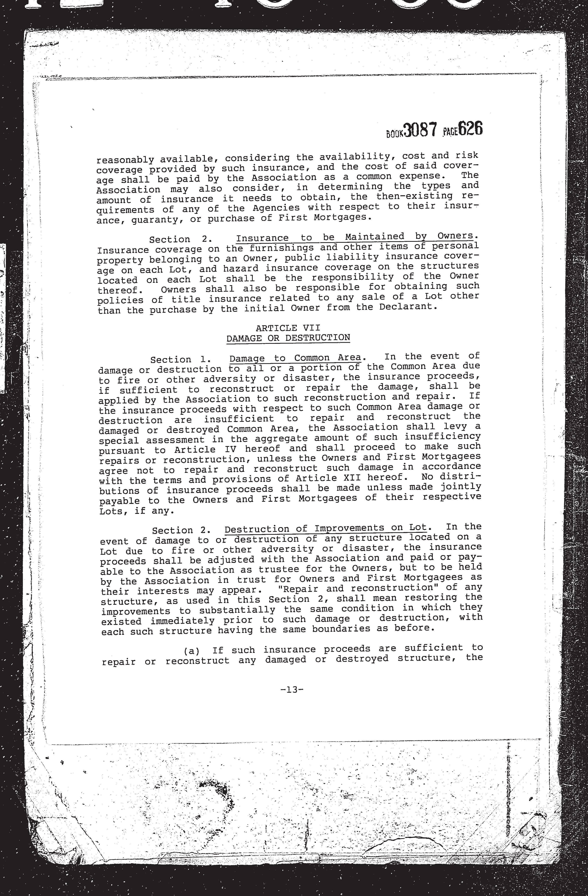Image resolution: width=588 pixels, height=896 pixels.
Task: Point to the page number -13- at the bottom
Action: point(292,690)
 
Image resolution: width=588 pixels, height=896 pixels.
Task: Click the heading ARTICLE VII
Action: point(288,328)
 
